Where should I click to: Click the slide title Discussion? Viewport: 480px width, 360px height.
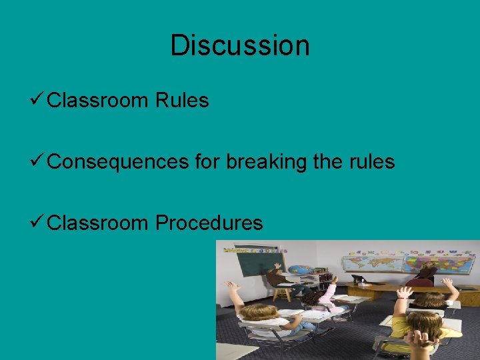(x=240, y=45)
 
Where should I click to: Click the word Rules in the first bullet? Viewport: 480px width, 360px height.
(x=182, y=101)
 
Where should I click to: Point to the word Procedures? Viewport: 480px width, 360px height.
(x=209, y=223)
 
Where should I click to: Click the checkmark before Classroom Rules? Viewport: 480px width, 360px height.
(x=38, y=101)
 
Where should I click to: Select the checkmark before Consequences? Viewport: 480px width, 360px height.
(x=38, y=162)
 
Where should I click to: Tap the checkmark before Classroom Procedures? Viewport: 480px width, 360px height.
(x=38, y=223)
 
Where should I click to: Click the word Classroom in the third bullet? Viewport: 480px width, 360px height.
(x=99, y=223)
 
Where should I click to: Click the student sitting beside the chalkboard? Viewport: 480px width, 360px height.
(x=276, y=277)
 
